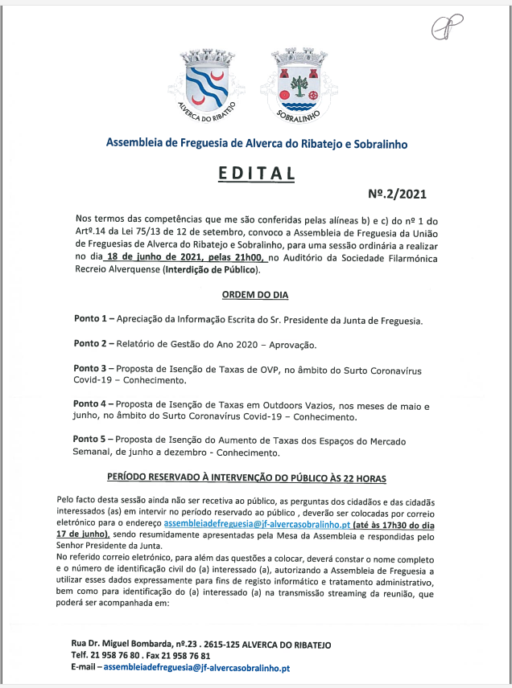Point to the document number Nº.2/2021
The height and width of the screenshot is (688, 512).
pos(397,194)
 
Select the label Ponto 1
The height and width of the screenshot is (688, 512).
pos(91,320)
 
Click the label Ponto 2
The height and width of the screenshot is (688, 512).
pos(91,345)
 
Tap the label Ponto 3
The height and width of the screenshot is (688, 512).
pos(91,370)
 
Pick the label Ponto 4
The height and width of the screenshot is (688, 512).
pos(91,404)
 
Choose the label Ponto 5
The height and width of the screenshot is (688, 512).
pos(91,440)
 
